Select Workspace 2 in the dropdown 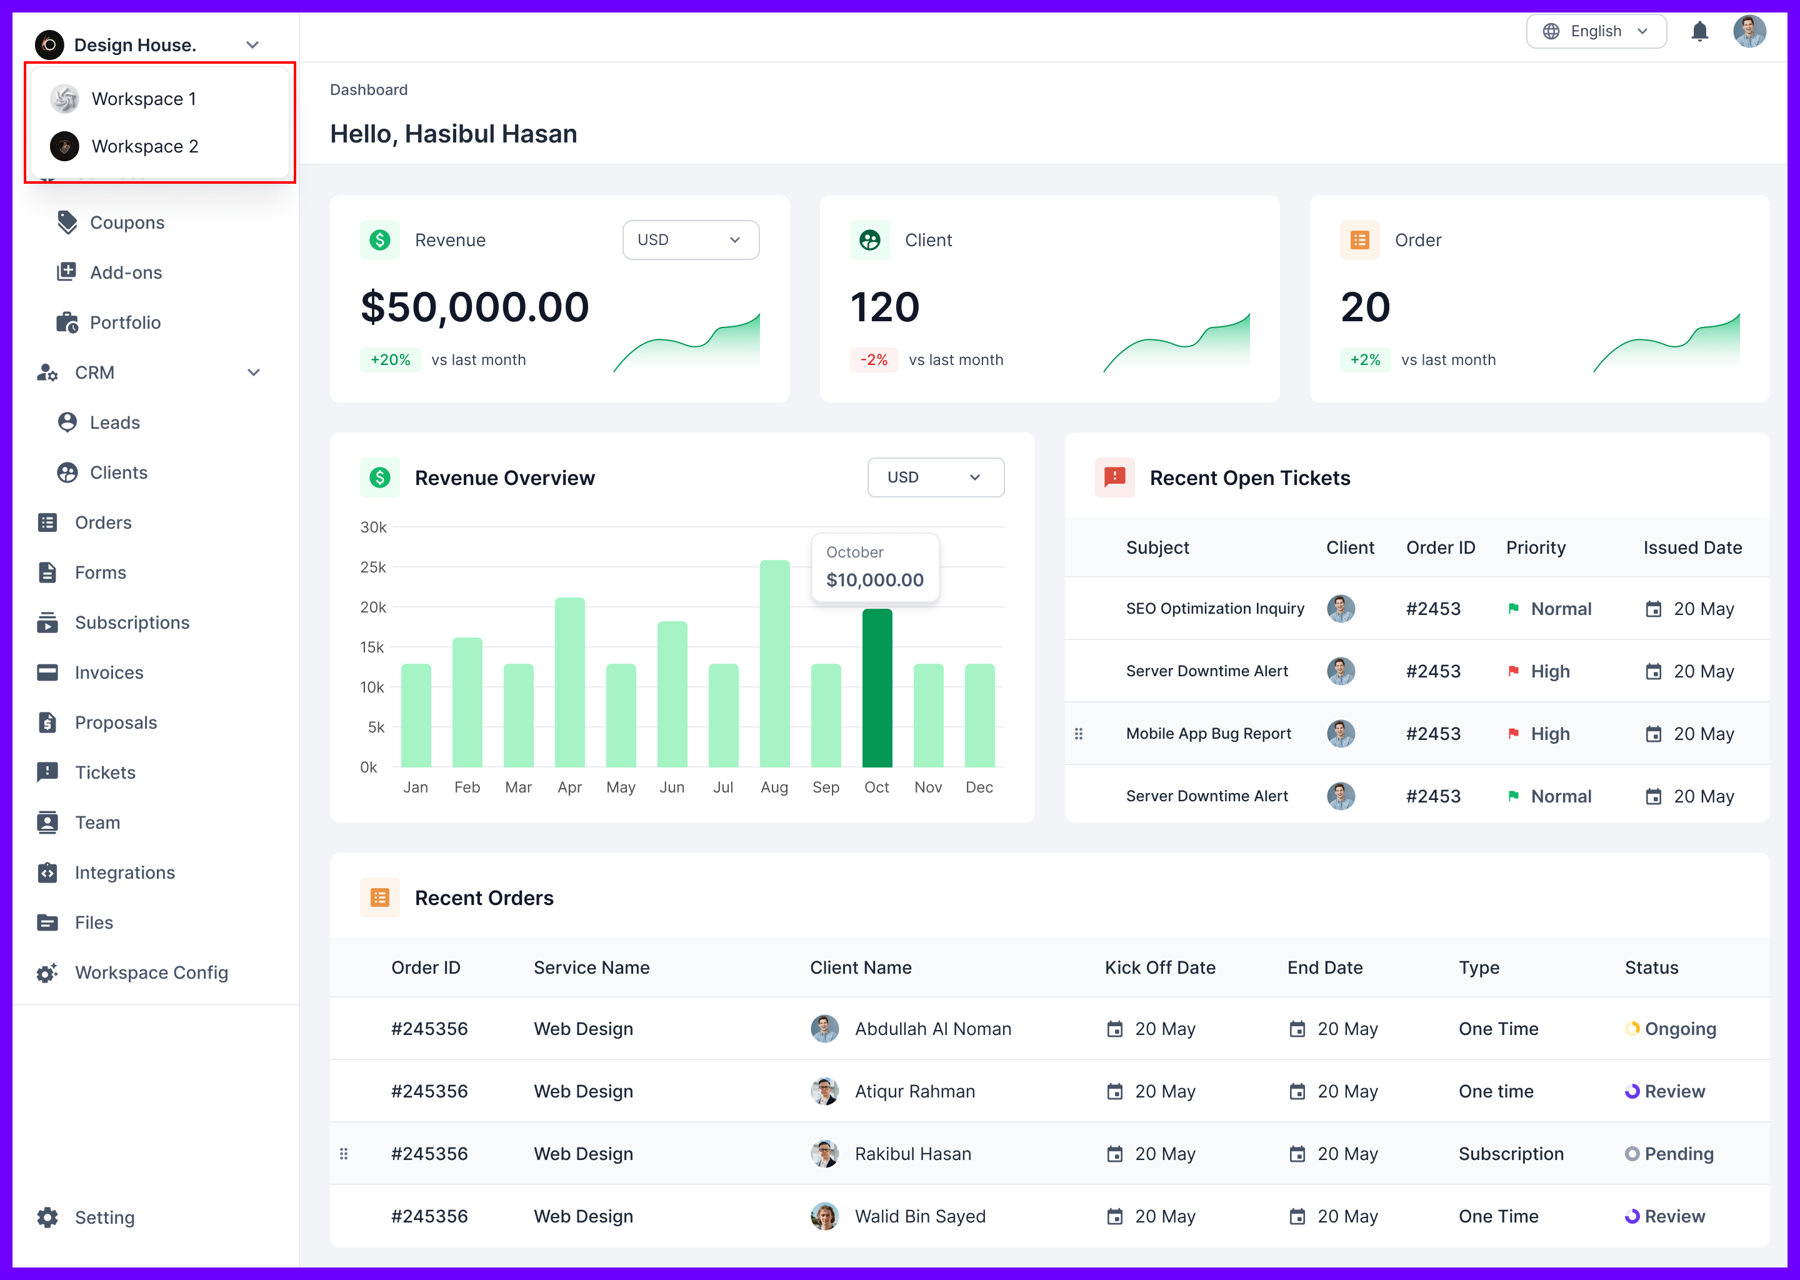[144, 147]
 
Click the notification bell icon [1700, 31]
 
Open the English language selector [1596, 31]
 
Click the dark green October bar [876, 687]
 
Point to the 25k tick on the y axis [372, 567]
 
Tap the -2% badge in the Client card [873, 360]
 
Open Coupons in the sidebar [127, 223]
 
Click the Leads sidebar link [114, 423]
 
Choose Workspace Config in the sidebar [151, 973]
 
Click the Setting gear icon [47, 1217]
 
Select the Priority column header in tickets [1535, 547]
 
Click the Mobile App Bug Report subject [1208, 734]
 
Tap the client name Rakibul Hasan [912, 1154]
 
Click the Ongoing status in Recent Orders [1679, 1029]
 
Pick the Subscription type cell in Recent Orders [1511, 1154]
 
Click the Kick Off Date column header [1159, 968]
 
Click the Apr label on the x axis [569, 787]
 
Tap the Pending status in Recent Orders [1678, 1154]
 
